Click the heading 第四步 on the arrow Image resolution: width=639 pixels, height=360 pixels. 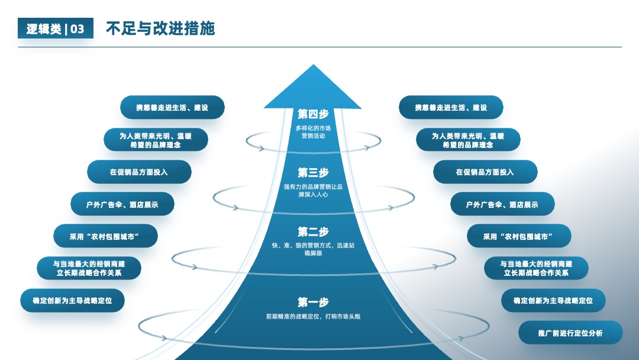click(x=313, y=114)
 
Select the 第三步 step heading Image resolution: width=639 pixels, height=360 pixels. click(x=313, y=173)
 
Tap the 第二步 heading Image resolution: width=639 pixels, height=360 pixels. click(x=313, y=232)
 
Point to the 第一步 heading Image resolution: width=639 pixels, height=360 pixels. click(x=313, y=303)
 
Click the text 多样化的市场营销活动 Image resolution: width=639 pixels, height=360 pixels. click(x=313, y=132)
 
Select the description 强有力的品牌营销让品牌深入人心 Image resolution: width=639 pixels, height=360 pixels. click(x=313, y=191)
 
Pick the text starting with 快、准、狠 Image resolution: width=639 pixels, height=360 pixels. click(x=313, y=249)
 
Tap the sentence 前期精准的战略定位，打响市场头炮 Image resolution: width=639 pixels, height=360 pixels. click(x=313, y=316)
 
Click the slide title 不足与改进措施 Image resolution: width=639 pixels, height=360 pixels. click(x=160, y=28)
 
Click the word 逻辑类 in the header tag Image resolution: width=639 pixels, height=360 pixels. click(x=44, y=29)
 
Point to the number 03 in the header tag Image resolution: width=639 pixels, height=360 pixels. click(x=78, y=29)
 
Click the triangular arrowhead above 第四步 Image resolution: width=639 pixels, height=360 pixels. click(x=313, y=86)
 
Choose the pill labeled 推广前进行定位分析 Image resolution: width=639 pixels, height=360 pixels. click(x=570, y=333)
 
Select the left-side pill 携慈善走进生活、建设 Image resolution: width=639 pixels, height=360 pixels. click(x=172, y=107)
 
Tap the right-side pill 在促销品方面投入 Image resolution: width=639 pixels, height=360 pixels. click(x=485, y=172)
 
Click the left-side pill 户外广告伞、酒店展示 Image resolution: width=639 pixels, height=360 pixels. click(x=122, y=204)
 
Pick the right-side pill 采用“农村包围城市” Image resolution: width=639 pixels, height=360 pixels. click(x=519, y=236)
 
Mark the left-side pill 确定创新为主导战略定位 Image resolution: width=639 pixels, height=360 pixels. click(x=72, y=300)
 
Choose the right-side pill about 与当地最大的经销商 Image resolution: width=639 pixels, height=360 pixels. click(x=536, y=268)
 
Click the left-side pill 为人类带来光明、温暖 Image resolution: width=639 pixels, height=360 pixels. click(x=156, y=139)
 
